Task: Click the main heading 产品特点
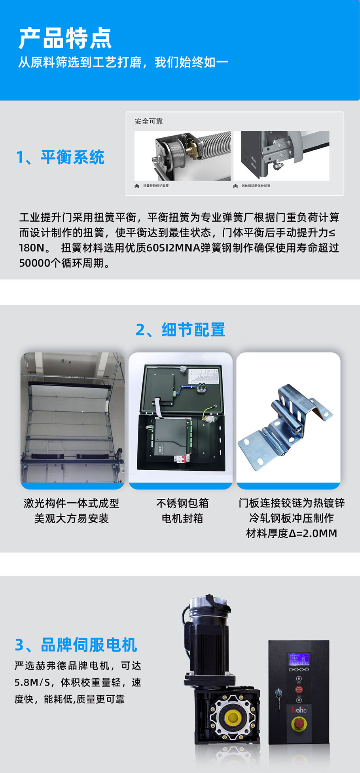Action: (65, 38)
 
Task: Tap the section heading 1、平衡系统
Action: (60, 157)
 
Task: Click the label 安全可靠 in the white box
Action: (149, 122)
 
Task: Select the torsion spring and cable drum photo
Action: (182, 156)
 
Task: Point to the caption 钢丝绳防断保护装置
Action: (256, 186)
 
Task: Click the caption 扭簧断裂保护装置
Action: (155, 186)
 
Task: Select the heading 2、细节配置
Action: (180, 329)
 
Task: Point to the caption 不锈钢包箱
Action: (182, 503)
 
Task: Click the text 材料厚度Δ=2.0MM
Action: (292, 534)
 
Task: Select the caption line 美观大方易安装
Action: (72, 518)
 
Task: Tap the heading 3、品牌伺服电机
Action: (76, 645)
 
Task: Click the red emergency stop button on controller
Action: (299, 724)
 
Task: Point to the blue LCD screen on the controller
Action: (299, 660)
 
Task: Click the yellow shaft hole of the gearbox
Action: (232, 716)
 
